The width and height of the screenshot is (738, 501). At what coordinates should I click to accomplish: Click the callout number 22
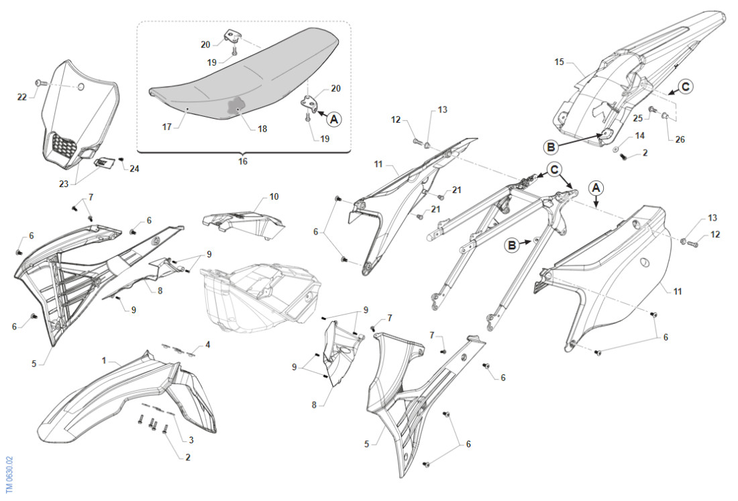click(23, 97)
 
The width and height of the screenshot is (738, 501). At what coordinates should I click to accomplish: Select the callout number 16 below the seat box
click(243, 161)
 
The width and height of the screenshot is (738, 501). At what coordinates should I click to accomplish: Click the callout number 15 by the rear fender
click(560, 62)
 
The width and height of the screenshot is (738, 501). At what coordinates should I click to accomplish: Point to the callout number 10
click(274, 197)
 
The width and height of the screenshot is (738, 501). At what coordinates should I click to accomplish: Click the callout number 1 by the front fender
click(104, 360)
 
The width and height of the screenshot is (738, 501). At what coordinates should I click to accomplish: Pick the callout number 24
click(135, 168)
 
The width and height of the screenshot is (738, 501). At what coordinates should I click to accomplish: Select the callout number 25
click(638, 118)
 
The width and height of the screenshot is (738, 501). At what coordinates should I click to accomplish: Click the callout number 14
click(640, 135)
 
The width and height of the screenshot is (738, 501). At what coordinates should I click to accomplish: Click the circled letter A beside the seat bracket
click(333, 119)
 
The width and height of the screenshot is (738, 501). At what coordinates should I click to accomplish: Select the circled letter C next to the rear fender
click(684, 86)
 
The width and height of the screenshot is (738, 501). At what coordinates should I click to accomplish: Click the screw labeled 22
click(40, 82)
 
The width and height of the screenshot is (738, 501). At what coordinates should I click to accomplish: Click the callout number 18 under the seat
click(262, 128)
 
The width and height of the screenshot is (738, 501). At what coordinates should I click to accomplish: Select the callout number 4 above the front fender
click(208, 344)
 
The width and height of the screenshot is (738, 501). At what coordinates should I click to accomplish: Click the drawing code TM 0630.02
click(9, 474)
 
